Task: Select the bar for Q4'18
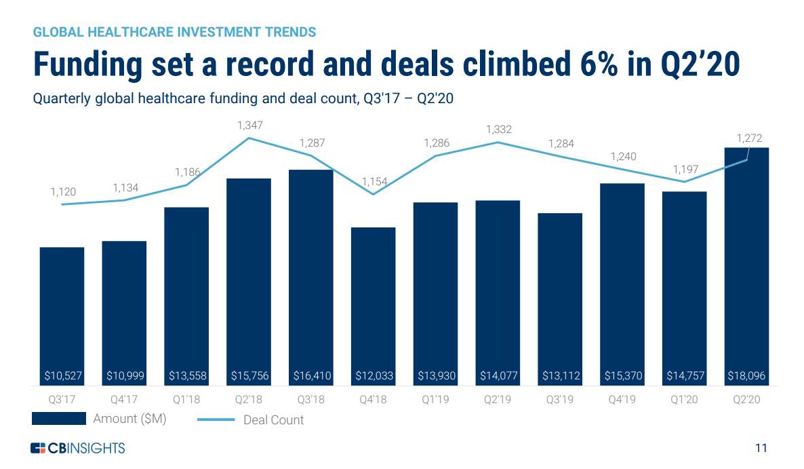tap(373, 305)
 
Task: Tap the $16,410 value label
tap(310, 375)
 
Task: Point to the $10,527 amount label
tap(62, 375)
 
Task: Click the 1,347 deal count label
tap(249, 126)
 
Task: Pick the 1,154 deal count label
tap(374, 181)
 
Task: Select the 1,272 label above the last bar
tap(749, 138)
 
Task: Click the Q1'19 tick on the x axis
tap(435, 400)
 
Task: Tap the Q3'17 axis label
tap(62, 400)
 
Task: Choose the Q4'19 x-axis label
tap(622, 400)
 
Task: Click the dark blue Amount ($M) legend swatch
tap(58, 419)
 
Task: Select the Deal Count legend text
tap(273, 420)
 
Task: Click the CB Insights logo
tap(78, 448)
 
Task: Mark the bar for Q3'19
tap(560, 299)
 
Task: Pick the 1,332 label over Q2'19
tap(499, 130)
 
